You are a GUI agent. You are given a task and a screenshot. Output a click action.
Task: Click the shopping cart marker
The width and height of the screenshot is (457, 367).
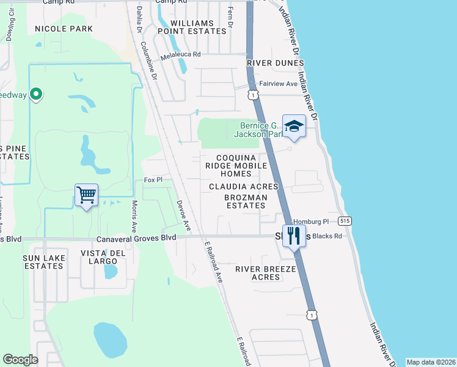click(86, 196)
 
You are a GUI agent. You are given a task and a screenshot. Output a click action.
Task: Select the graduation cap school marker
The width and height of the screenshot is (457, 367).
click(294, 127)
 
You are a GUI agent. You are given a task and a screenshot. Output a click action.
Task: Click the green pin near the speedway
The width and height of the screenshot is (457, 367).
click(36, 94)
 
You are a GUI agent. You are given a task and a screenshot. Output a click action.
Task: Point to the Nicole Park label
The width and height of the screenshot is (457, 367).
click(64, 29)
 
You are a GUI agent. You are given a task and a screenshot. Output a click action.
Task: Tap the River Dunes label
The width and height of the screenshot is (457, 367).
click(276, 63)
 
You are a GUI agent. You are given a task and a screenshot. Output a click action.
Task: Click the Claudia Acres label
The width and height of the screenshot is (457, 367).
click(243, 186)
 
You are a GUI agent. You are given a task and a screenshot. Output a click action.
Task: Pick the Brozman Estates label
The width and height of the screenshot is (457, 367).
click(244, 202)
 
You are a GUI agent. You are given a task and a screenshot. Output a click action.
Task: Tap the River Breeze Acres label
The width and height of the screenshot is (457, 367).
click(266, 273)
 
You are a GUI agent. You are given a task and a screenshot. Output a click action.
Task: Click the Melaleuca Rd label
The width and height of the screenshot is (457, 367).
click(181, 55)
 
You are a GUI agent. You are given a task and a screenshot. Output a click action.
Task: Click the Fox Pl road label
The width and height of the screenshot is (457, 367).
click(153, 180)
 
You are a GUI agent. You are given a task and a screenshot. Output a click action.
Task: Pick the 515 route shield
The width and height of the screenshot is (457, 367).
click(345, 220)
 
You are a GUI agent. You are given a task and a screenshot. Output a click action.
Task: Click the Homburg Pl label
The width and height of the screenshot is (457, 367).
click(311, 222)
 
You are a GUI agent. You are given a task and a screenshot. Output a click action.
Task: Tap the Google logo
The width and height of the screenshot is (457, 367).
click(20, 360)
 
